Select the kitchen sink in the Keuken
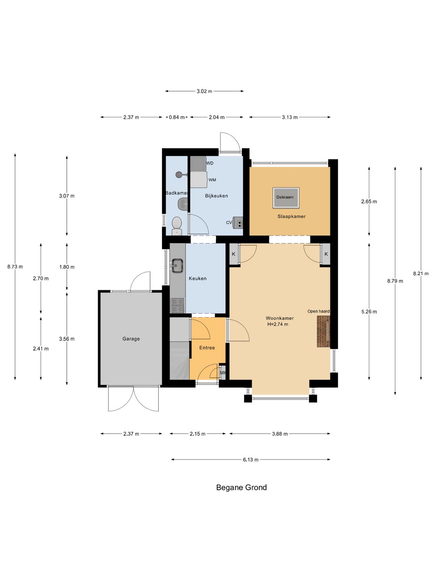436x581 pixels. point(177,265)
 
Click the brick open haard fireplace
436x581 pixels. point(323,332)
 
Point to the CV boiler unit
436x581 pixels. point(237,222)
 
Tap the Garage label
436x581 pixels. point(131,339)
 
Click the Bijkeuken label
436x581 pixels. point(216,196)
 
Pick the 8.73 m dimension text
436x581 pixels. point(15,267)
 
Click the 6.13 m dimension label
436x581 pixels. point(250,460)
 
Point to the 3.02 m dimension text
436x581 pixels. point(204,91)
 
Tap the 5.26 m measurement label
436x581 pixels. point(369,311)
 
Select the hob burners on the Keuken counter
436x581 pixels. point(178,305)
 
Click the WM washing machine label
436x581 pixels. point(212,180)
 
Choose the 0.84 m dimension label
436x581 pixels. point(176,117)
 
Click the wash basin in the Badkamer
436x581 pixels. point(182,204)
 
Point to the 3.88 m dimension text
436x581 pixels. point(279,434)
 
